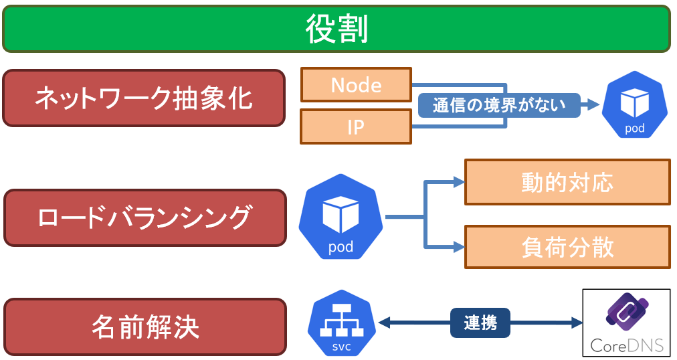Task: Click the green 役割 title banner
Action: tap(336, 29)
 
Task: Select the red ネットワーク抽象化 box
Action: tap(144, 98)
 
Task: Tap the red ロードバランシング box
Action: tap(145, 217)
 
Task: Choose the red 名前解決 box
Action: tap(145, 327)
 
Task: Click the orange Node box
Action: tap(356, 84)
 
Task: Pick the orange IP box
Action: tap(356, 126)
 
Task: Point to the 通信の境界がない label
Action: tap(499, 105)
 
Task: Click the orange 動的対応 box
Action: tap(567, 182)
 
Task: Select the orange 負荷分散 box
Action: tap(567, 247)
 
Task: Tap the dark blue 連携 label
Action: tap(480, 323)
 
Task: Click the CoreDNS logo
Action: tap(626, 323)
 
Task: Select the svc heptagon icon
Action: tap(342, 323)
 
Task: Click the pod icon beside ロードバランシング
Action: tap(341, 217)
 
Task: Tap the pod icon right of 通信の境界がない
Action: tap(635, 104)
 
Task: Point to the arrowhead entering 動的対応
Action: tap(459, 182)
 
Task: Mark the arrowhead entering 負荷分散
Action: tap(459, 247)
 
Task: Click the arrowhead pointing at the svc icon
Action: tap(384, 323)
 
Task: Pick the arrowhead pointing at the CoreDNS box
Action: tap(577, 323)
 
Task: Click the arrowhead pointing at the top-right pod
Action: tap(593, 104)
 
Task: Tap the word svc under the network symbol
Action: tap(342, 347)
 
